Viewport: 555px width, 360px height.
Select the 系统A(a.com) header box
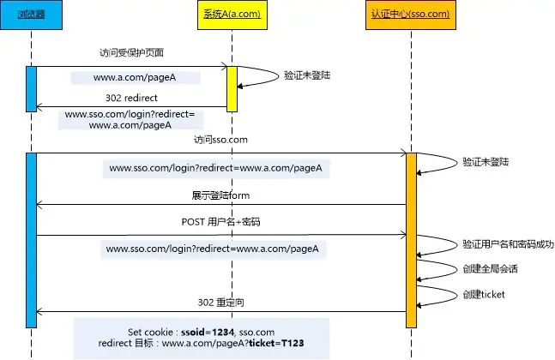[x=231, y=15]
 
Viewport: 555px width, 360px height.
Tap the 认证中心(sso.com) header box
[x=410, y=15]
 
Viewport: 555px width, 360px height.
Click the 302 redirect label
[x=130, y=97]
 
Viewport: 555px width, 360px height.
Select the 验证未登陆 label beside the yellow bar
[x=308, y=75]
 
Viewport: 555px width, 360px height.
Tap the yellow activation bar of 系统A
[x=231, y=88]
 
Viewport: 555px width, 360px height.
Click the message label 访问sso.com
[x=220, y=140]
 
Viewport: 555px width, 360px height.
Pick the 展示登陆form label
[x=220, y=195]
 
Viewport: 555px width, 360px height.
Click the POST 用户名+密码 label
[x=220, y=222]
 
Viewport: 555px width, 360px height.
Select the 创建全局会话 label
[x=489, y=268]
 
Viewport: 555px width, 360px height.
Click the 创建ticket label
[x=483, y=294]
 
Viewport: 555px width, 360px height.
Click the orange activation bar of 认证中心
[x=411, y=239]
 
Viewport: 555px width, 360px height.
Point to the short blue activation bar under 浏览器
[x=32, y=88]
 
